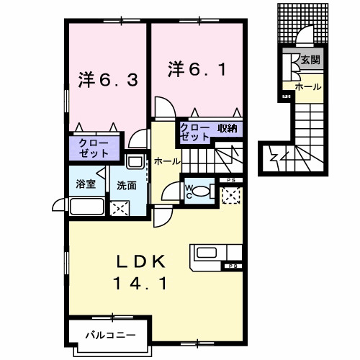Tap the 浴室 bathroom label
pyautogui.click(x=86, y=184)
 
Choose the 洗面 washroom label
pyautogui.click(x=127, y=185)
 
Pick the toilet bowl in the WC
pyautogui.click(x=204, y=192)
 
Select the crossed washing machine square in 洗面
pyautogui.click(x=120, y=208)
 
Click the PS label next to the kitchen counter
pyautogui.click(x=234, y=266)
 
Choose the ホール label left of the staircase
pyautogui.click(x=166, y=161)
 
